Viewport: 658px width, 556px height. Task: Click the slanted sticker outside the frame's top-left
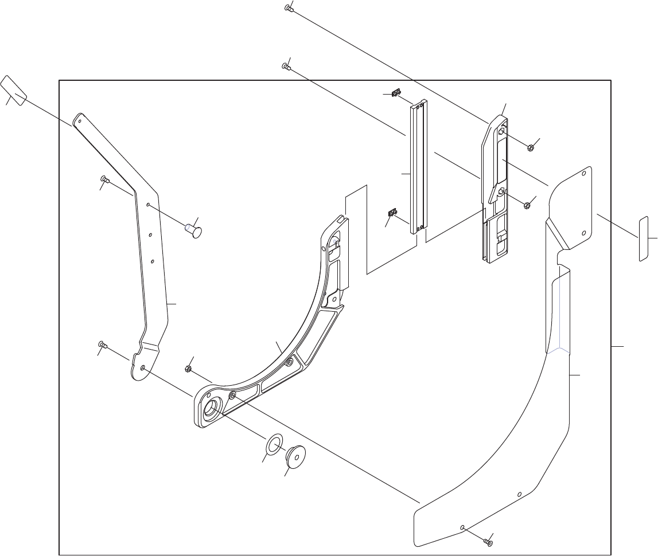point(14,91)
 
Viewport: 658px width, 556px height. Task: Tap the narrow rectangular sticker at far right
point(643,238)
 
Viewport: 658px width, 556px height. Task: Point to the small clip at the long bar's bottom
point(392,214)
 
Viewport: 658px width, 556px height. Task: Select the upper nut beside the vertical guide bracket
point(531,147)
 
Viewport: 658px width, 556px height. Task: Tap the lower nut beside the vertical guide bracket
point(527,204)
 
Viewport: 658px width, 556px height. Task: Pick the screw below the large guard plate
point(488,541)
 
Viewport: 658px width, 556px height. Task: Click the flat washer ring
point(274,443)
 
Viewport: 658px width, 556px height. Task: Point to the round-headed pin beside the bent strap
point(193,232)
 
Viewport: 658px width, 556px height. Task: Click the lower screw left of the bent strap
point(102,344)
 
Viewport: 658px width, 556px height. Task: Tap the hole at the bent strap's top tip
point(80,121)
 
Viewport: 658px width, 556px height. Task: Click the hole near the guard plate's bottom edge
point(462,526)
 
